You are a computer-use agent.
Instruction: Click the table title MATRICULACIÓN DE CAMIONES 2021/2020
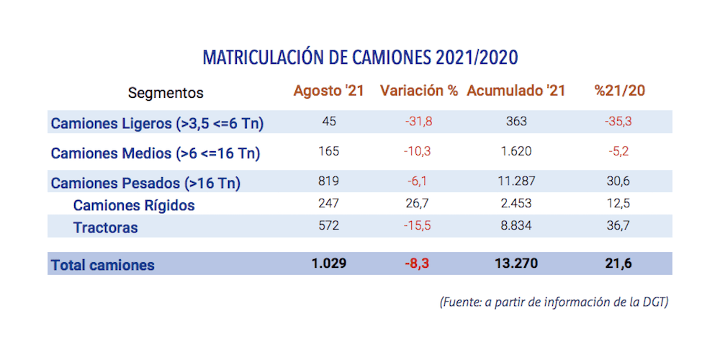pos(360,58)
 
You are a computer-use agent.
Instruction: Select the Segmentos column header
pos(166,93)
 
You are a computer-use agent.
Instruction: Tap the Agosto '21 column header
pos(328,91)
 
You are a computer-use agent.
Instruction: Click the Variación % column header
pos(419,91)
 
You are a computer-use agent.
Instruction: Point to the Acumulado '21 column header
pos(516,91)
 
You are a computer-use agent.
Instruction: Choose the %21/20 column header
pos(619,91)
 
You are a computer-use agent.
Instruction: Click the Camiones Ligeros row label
pos(157,124)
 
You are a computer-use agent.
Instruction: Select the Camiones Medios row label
pos(156,153)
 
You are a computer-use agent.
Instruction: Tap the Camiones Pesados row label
pos(145,183)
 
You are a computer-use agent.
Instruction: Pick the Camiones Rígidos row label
pos(134,205)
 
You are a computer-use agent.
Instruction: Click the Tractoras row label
pos(105,228)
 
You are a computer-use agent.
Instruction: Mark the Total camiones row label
pos(102,265)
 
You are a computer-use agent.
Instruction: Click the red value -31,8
pos(418,122)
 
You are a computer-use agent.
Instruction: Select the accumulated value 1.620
pos(516,152)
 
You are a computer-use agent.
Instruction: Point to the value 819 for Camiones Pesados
pos(328,181)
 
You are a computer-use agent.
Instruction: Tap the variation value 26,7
pos(418,204)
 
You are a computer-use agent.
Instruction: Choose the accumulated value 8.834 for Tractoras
pos(516,226)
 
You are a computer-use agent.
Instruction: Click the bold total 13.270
pos(516,264)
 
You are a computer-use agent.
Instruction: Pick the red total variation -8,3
pos(418,264)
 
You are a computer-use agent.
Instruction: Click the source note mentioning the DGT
pos(554,302)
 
